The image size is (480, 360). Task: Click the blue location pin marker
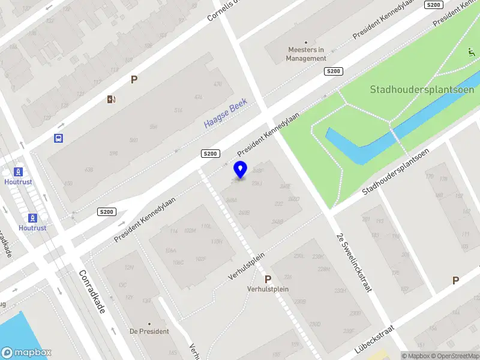240,170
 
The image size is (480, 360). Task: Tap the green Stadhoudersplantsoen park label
422,90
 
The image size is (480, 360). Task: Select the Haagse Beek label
225,114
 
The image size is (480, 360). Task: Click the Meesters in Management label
306,55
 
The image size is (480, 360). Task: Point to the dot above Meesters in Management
306,42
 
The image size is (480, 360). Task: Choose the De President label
149,331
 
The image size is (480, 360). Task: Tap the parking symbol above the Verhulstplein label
268,279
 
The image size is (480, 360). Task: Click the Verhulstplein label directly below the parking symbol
268,289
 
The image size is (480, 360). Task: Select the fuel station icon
111,99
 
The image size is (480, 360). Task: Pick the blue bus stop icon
59,139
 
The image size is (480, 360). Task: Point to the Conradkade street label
93,291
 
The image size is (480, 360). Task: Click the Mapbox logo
26,353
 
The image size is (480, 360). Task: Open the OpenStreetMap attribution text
454,356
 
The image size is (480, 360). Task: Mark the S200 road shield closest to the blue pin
209,154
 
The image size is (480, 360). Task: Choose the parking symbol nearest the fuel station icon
134,79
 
